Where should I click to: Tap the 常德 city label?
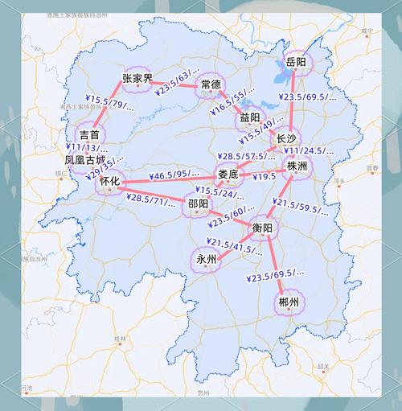pyautogui.click(x=211, y=84)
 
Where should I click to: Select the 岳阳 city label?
pyautogui.click(x=296, y=62)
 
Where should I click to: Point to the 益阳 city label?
pyautogui.click(x=249, y=117)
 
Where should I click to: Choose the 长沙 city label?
pyautogui.click(x=286, y=138)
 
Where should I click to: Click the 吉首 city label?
pyautogui.click(x=88, y=134)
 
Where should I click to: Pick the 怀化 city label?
pyautogui.click(x=109, y=183)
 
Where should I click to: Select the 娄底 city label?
pyautogui.click(x=228, y=175)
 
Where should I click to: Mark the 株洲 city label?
pyautogui.click(x=297, y=166)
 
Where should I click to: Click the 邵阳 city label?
pyautogui.click(x=197, y=203)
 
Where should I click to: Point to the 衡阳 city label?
pyautogui.click(x=262, y=228)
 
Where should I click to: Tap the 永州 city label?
pyautogui.click(x=206, y=259)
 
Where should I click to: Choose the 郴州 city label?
pyautogui.click(x=288, y=302)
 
